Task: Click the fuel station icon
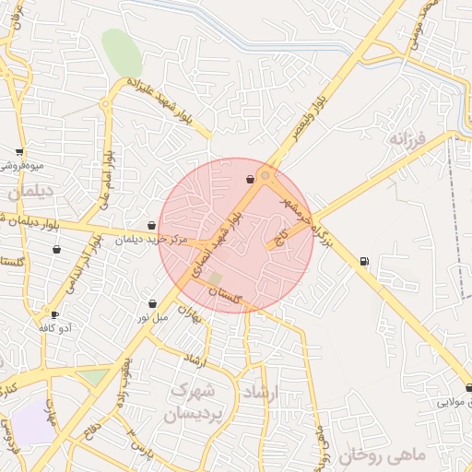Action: tap(364, 262)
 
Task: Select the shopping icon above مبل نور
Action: tap(152, 303)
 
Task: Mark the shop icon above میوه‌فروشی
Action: tap(19, 152)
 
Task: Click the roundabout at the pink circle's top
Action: tap(265, 174)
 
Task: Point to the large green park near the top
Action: tap(122, 52)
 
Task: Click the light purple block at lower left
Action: tap(34, 421)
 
